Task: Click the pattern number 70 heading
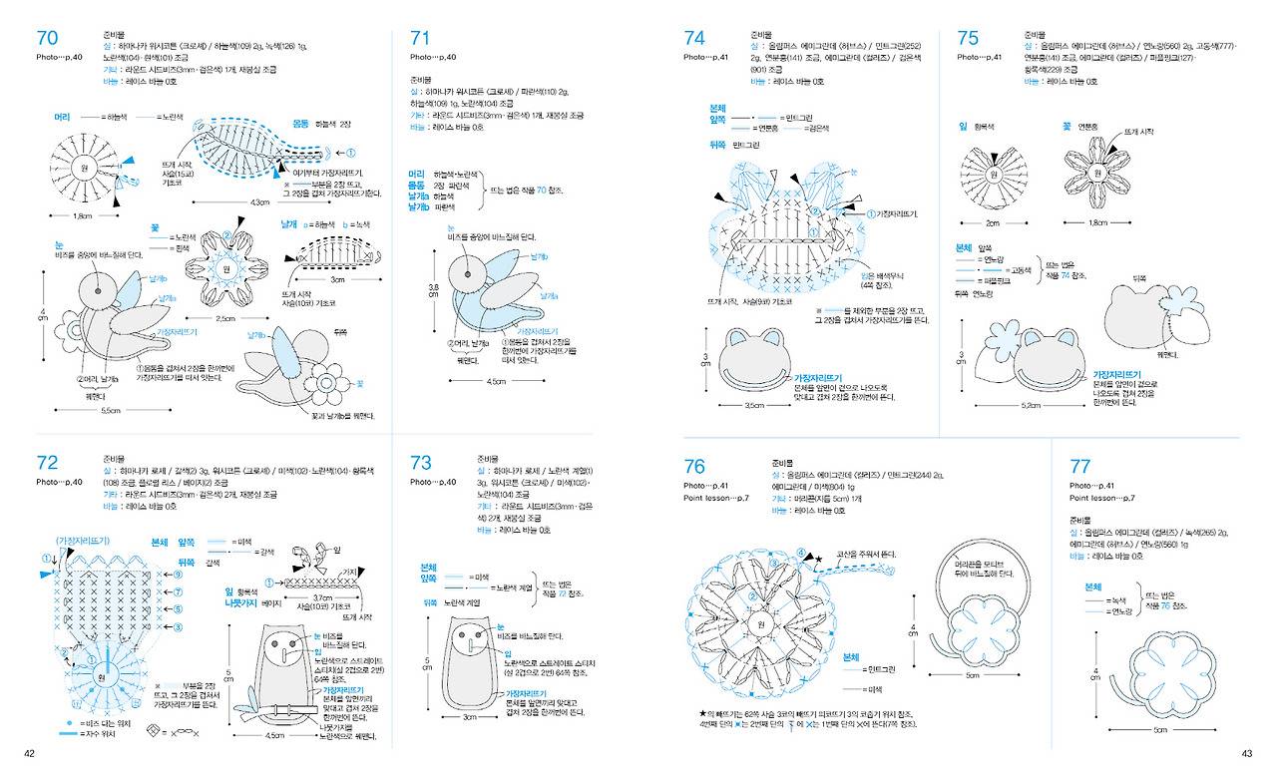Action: pos(47,38)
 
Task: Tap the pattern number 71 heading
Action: pos(420,38)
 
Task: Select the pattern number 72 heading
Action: pos(47,462)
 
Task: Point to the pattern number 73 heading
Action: pos(421,462)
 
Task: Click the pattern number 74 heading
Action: pos(694,38)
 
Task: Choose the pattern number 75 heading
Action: pos(968,38)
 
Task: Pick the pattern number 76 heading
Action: pos(694,466)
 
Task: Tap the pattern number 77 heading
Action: pos(1079,466)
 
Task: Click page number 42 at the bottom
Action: pos(30,753)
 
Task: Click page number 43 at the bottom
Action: pos(1246,753)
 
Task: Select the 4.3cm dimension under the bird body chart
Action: pos(260,202)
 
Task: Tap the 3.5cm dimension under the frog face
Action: pos(755,405)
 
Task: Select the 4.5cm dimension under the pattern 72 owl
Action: pos(274,736)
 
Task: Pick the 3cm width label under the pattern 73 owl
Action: pos(470,716)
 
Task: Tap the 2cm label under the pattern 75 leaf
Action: pos(993,222)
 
